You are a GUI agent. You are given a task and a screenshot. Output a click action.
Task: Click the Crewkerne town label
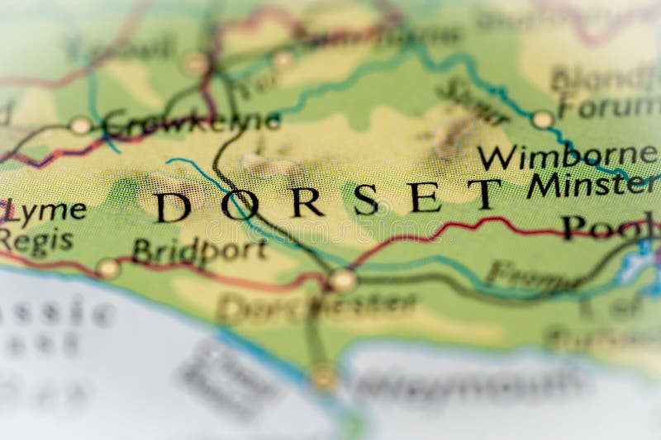point(192,123)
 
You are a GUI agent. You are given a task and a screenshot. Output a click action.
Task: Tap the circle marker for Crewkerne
point(80,125)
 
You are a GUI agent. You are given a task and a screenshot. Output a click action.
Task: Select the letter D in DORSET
point(174,206)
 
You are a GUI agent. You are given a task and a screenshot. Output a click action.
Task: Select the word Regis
point(36,241)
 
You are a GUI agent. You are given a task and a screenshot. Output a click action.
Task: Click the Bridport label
point(199,250)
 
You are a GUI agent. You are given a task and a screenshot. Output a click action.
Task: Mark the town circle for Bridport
point(107,267)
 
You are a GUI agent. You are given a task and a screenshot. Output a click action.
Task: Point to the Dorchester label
point(316,306)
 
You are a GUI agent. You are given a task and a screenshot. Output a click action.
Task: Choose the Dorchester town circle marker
point(342,281)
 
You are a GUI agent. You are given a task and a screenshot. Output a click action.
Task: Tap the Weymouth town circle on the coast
point(324,377)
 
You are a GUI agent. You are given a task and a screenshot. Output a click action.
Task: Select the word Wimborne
point(568,157)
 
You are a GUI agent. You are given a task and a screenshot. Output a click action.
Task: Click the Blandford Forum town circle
point(542,120)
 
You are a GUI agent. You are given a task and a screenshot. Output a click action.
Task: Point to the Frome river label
point(530,274)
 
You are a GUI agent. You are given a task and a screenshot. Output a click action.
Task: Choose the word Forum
point(608,107)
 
